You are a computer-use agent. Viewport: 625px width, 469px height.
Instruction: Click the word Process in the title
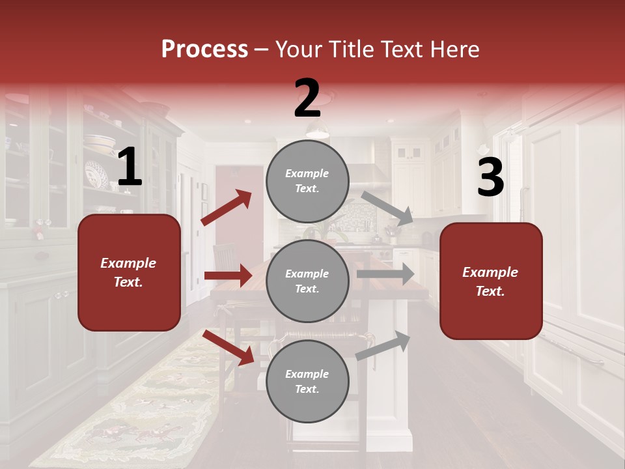(x=204, y=50)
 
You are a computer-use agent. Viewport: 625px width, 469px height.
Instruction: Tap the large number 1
(x=130, y=167)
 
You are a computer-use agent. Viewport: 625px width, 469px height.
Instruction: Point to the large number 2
(x=307, y=98)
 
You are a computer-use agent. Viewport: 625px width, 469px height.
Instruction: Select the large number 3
(x=490, y=177)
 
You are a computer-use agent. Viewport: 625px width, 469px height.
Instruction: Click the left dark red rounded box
(x=129, y=272)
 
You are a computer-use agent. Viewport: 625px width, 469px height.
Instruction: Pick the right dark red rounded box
(x=491, y=281)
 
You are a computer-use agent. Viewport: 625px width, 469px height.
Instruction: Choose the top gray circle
(x=307, y=181)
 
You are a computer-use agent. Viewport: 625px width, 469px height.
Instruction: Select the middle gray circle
(x=307, y=281)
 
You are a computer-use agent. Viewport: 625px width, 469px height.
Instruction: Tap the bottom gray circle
(x=307, y=381)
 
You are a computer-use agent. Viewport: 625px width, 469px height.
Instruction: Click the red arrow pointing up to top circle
(x=226, y=208)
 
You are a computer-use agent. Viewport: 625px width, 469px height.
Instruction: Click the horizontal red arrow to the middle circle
(x=228, y=276)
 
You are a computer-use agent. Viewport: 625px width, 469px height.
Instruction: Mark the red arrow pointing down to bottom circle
(x=229, y=347)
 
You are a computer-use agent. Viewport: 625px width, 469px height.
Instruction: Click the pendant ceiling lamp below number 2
(x=317, y=132)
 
